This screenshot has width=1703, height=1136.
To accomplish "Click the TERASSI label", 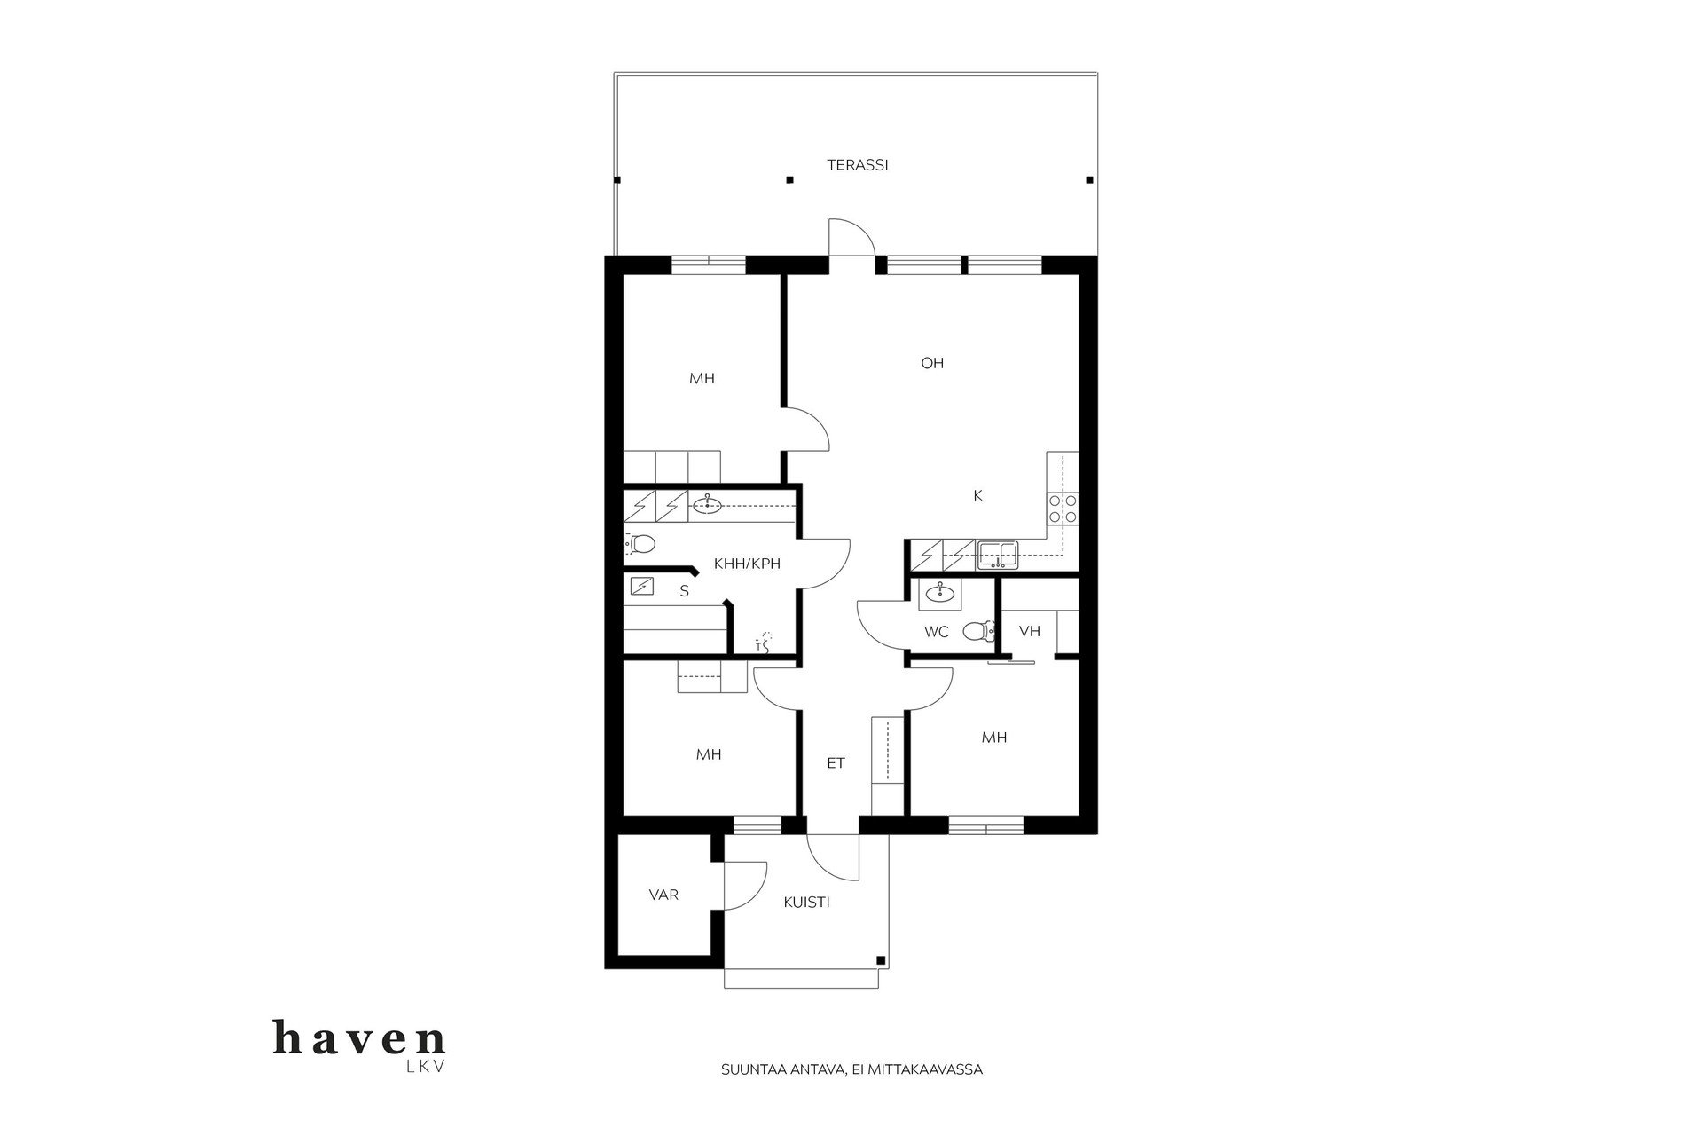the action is click(858, 165).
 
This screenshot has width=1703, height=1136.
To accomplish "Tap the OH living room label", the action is click(932, 363).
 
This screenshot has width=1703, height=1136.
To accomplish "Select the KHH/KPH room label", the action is click(747, 564).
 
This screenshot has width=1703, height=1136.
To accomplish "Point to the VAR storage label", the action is click(663, 895).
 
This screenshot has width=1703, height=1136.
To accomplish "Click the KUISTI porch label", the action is click(806, 903).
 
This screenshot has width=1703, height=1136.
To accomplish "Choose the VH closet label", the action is click(1030, 632).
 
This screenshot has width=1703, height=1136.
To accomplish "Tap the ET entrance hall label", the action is click(836, 763).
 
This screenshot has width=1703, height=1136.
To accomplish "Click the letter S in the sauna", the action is click(684, 591).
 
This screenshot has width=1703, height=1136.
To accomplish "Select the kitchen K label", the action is click(978, 496).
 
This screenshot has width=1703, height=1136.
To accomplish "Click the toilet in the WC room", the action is click(977, 631).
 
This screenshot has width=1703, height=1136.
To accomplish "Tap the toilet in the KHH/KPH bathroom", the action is click(640, 543).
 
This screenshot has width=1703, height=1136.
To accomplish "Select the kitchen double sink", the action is click(998, 556).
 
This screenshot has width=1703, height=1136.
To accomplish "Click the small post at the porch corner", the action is click(880, 960).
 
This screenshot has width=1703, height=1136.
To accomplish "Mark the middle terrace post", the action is click(789, 180).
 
